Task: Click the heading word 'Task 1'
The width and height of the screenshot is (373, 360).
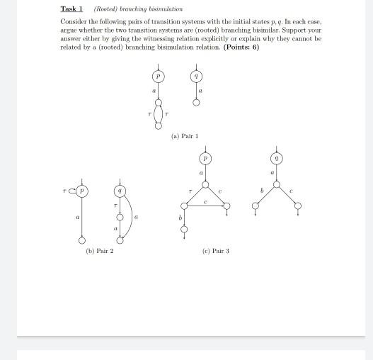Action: point(71,9)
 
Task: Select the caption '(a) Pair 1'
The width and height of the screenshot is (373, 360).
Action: point(185,135)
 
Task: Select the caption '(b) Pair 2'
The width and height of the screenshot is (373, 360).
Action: point(99,251)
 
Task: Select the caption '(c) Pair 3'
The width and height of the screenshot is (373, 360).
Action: point(215,251)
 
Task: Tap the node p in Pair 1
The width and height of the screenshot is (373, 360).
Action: point(158,76)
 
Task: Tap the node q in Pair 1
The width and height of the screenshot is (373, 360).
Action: point(196,76)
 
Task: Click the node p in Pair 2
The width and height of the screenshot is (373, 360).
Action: point(82,191)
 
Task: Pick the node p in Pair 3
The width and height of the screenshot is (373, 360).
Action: point(205,158)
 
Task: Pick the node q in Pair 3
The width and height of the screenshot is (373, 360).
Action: point(276,158)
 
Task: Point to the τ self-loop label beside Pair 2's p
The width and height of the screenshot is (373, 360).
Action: point(64,191)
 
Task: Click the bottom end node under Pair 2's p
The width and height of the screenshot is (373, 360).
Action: point(82,241)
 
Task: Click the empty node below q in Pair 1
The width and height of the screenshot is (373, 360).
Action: point(196,103)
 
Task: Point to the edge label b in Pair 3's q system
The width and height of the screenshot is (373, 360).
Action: point(261,191)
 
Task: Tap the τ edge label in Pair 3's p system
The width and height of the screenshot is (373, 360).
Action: point(190,191)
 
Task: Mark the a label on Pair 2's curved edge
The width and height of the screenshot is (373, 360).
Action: point(135,217)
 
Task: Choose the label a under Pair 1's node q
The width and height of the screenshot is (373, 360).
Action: point(200,91)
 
